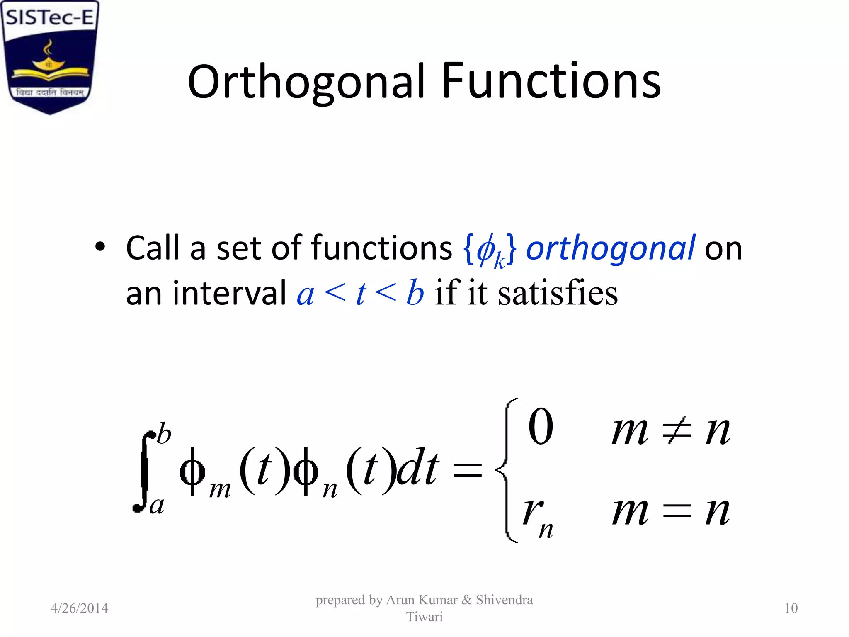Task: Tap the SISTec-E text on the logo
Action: [x=50, y=17]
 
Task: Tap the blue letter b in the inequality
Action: [x=415, y=293]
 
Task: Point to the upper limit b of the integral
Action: [x=164, y=434]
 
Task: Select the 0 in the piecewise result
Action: [x=541, y=426]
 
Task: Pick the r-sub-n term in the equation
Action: [x=537, y=516]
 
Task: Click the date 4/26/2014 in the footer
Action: [x=79, y=608]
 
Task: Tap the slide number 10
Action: [x=791, y=608]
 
